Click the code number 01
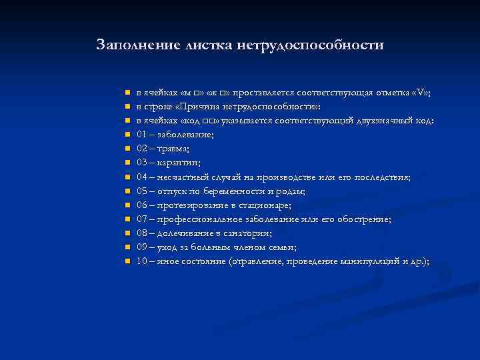click(x=142, y=135)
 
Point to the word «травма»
click(x=171, y=149)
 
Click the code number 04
click(x=142, y=177)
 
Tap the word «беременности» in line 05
click(x=235, y=191)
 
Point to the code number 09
click(x=142, y=247)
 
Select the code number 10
click(x=142, y=261)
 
